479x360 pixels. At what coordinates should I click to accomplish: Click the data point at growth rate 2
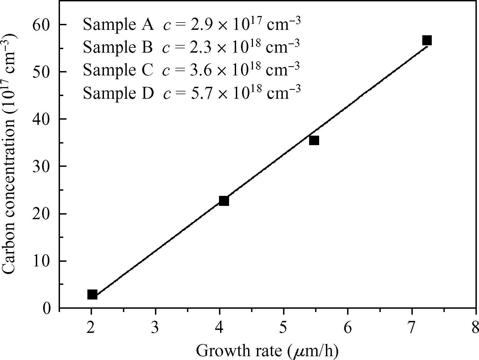[92, 294]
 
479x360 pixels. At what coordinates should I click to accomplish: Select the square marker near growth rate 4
[224, 201]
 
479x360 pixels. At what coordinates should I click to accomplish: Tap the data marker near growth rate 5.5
[314, 141]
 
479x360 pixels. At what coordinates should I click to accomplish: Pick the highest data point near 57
[427, 40]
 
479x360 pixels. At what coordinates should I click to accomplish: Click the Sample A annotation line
[192, 24]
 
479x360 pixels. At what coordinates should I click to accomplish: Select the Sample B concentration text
[231, 47]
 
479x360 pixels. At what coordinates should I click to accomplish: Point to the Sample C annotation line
[191, 70]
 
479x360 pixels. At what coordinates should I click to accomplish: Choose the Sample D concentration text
[232, 93]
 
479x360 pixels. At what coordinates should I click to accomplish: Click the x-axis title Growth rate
[267, 351]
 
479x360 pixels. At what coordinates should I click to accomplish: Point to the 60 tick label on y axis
[42, 25]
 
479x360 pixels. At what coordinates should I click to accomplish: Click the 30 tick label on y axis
[42, 167]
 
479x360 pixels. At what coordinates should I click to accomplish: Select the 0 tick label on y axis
[47, 308]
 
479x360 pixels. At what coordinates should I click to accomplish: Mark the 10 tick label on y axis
[42, 261]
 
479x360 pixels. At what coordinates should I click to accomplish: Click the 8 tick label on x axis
[475, 328]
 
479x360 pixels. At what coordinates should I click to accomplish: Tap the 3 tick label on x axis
[155, 328]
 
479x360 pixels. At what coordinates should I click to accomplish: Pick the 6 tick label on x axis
[348, 328]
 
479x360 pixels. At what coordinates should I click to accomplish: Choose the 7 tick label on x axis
[412, 328]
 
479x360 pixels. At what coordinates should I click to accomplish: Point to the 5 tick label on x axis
[284, 328]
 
